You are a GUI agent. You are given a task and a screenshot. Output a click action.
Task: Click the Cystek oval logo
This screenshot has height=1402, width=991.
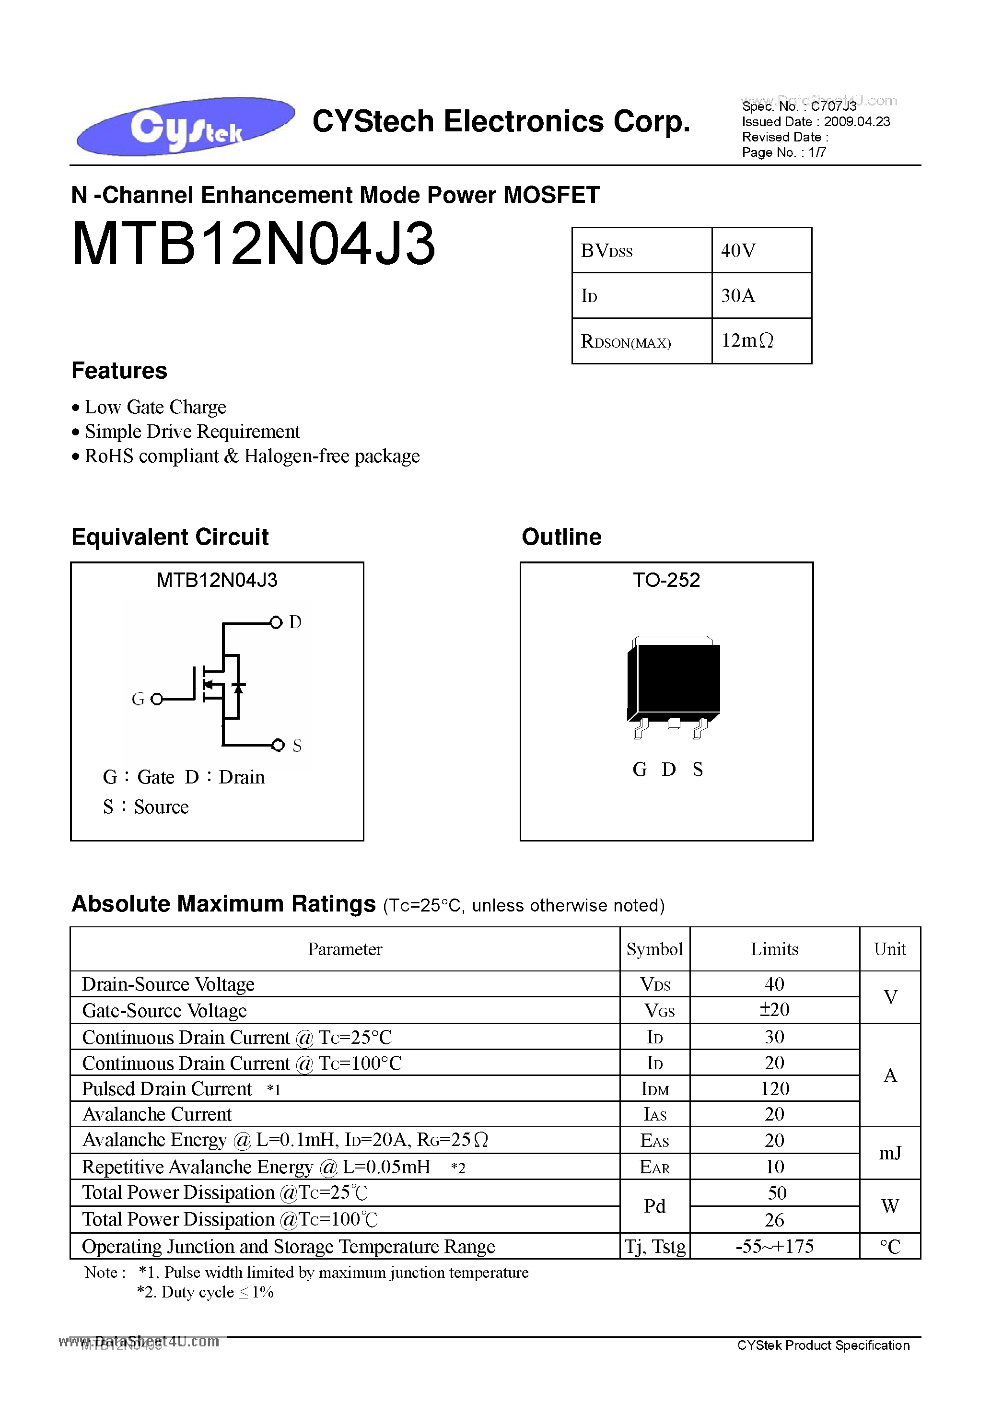tap(185, 126)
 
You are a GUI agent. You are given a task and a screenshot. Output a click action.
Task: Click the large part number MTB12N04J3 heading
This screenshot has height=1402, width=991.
tap(254, 244)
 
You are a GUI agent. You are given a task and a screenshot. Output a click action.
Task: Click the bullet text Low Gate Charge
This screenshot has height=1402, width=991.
tap(155, 407)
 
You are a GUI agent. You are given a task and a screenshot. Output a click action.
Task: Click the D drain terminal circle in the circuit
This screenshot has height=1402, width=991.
tap(276, 622)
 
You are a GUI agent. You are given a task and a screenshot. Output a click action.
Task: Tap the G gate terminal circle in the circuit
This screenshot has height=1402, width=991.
tap(157, 699)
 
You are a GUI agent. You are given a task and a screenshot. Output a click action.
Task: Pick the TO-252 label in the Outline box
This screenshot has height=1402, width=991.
tap(666, 580)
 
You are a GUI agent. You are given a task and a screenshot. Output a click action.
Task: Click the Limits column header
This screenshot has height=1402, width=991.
tap(774, 949)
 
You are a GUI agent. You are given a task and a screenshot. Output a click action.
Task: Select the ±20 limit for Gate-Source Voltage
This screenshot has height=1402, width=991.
tap(774, 1010)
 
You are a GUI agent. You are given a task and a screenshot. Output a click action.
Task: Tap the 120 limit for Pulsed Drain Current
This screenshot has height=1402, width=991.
tap(774, 1089)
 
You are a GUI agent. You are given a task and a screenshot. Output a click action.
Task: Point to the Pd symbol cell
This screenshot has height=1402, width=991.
tap(654, 1206)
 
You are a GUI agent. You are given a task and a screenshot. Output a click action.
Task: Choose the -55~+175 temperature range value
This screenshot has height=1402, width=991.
tap(774, 1246)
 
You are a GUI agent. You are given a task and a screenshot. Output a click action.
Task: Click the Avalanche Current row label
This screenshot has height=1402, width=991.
tap(157, 1114)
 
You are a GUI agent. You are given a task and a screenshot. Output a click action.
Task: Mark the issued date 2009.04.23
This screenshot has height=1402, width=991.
tap(856, 121)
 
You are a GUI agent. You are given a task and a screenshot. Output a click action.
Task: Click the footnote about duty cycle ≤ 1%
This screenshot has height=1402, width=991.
tap(205, 1292)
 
